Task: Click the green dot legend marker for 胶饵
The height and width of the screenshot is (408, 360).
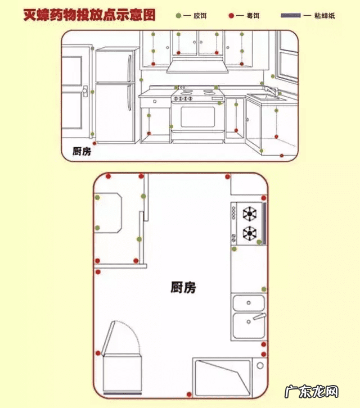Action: tap(178, 15)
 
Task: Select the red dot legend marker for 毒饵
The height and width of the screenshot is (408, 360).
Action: tap(231, 15)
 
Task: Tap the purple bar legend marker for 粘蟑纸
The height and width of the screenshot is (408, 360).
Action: tap(289, 15)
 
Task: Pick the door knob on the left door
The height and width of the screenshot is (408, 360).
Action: tap(84, 90)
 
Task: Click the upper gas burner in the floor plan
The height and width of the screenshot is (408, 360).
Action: tap(249, 214)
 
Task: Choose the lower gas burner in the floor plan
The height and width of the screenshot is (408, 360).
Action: tap(249, 232)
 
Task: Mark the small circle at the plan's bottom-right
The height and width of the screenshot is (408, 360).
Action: tap(260, 365)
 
